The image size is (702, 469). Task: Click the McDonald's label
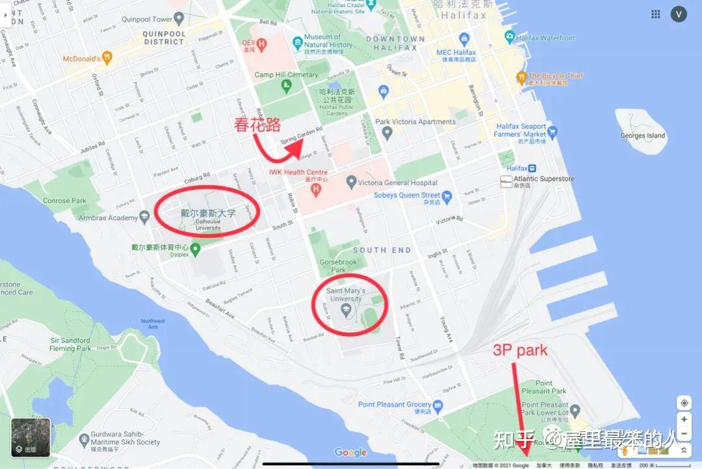pyautogui.click(x=82, y=58)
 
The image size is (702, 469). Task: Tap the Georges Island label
pyautogui.click(x=642, y=136)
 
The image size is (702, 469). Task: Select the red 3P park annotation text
pyautogui.click(x=520, y=351)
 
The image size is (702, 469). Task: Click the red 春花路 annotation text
pyautogui.click(x=257, y=125)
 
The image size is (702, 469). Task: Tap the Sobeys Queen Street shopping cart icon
pyautogui.click(x=447, y=195)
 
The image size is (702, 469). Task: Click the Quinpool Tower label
pyautogui.click(x=147, y=19)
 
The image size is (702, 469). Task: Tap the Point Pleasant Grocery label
pyautogui.click(x=395, y=405)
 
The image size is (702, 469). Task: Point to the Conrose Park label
pyautogui.click(x=64, y=201)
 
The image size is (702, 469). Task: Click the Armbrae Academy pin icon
pyautogui.click(x=145, y=218)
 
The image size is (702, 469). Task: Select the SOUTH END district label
pyautogui.click(x=382, y=250)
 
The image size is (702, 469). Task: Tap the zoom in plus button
pyautogui.click(x=684, y=420)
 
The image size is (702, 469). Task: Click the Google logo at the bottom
pyautogui.click(x=350, y=453)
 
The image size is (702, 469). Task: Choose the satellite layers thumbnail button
pyautogui.click(x=31, y=437)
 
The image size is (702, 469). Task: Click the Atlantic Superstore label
pyautogui.click(x=544, y=179)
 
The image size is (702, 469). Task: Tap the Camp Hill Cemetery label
pyautogui.click(x=286, y=75)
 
